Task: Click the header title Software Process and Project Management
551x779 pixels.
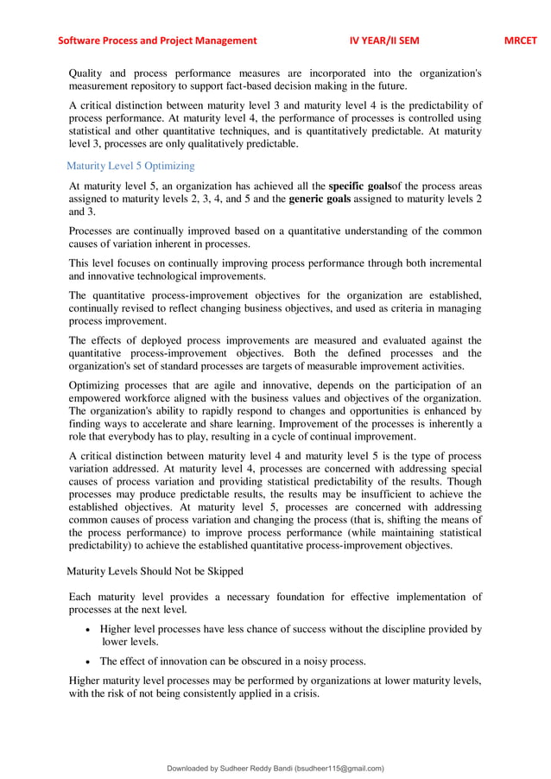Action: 157,40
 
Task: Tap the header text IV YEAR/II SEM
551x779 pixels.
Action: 384,40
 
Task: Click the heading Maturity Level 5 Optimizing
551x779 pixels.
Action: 130,166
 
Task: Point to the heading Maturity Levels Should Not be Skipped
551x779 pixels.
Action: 155,571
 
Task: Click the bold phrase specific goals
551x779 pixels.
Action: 359,187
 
